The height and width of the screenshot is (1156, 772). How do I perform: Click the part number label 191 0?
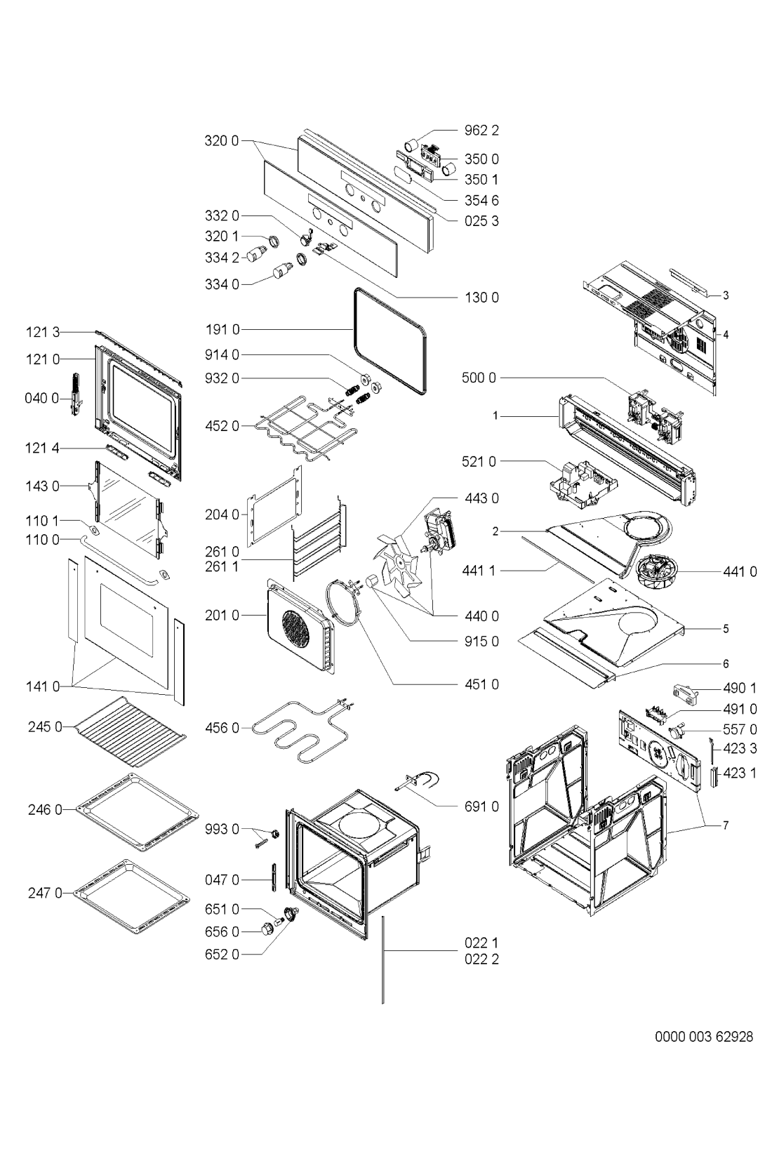pyautogui.click(x=222, y=330)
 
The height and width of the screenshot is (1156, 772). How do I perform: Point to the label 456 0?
pyautogui.click(x=222, y=728)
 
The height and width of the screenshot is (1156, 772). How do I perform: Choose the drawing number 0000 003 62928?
pyautogui.click(x=704, y=1036)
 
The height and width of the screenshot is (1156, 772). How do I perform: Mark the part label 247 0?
pyautogui.click(x=45, y=893)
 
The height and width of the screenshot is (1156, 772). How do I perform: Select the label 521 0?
pyautogui.click(x=479, y=461)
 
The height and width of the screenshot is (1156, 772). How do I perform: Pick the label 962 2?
pyautogui.click(x=481, y=131)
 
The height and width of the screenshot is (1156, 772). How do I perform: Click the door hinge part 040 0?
pyautogui.click(x=76, y=394)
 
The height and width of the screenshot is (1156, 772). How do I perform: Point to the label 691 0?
pyautogui.click(x=481, y=806)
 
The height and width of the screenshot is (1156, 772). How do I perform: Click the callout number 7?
pyautogui.click(x=726, y=825)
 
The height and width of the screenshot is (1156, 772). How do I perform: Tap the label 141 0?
pyautogui.click(x=43, y=687)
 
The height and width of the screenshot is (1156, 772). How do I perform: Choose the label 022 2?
pyautogui.click(x=481, y=959)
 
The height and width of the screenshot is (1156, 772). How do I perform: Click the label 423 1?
pyautogui.click(x=740, y=773)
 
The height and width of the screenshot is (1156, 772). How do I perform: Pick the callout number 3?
pyautogui.click(x=726, y=295)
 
